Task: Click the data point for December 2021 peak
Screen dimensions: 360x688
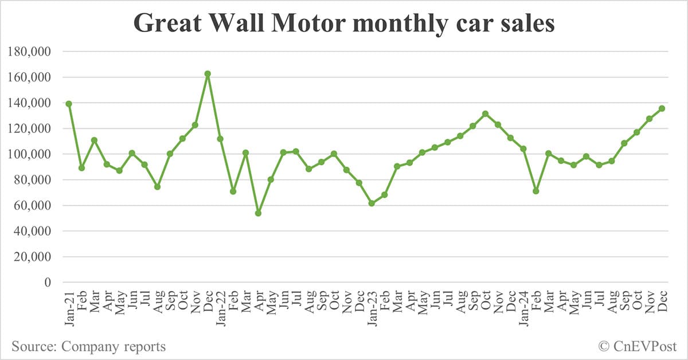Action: [x=208, y=74]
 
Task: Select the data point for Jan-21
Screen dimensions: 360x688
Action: [x=69, y=104]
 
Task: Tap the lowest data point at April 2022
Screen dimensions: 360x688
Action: [x=258, y=213]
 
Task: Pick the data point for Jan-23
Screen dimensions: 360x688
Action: [x=372, y=204]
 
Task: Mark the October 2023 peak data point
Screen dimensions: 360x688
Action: [x=485, y=114]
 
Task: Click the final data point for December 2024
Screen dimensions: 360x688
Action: [x=662, y=108]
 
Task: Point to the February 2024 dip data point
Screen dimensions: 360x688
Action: [x=535, y=191]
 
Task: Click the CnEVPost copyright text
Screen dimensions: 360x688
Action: [x=638, y=346]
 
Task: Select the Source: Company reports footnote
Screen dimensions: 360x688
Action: [x=88, y=346]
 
